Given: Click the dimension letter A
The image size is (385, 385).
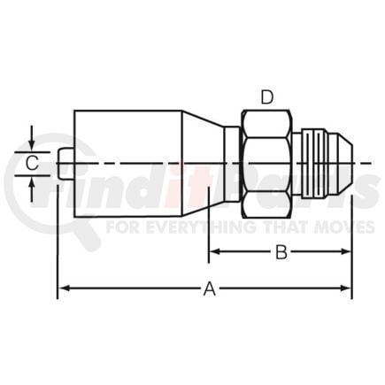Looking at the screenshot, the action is pyautogui.click(x=210, y=289).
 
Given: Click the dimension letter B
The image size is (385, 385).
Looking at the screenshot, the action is pyautogui.click(x=281, y=252).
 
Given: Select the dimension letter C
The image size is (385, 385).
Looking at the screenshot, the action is pyautogui.click(x=32, y=163).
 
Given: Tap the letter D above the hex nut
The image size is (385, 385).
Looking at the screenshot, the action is pyautogui.click(x=267, y=97).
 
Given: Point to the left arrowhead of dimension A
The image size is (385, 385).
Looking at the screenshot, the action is pyautogui.click(x=65, y=288).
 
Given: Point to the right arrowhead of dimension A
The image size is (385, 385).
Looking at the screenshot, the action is pyautogui.click(x=345, y=288).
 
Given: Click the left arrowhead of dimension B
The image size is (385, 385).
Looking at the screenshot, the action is pyautogui.click(x=215, y=251).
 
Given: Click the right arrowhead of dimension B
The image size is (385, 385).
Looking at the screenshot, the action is pyautogui.click(x=345, y=251).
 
